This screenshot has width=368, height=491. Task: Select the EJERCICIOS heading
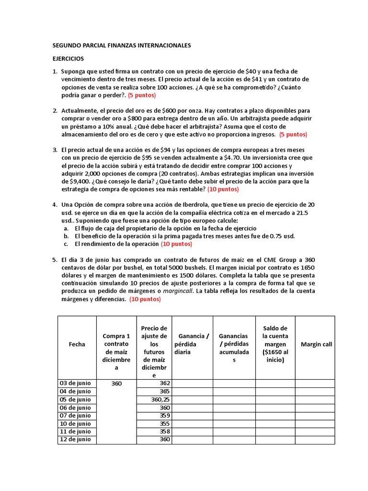point(68,58)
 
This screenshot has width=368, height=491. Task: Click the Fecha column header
point(77,344)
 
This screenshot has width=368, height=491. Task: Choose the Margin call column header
point(316,344)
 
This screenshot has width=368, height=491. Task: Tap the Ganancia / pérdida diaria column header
point(191,344)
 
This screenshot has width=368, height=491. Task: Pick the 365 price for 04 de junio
point(165,391)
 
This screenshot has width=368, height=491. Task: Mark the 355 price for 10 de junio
point(165,424)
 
